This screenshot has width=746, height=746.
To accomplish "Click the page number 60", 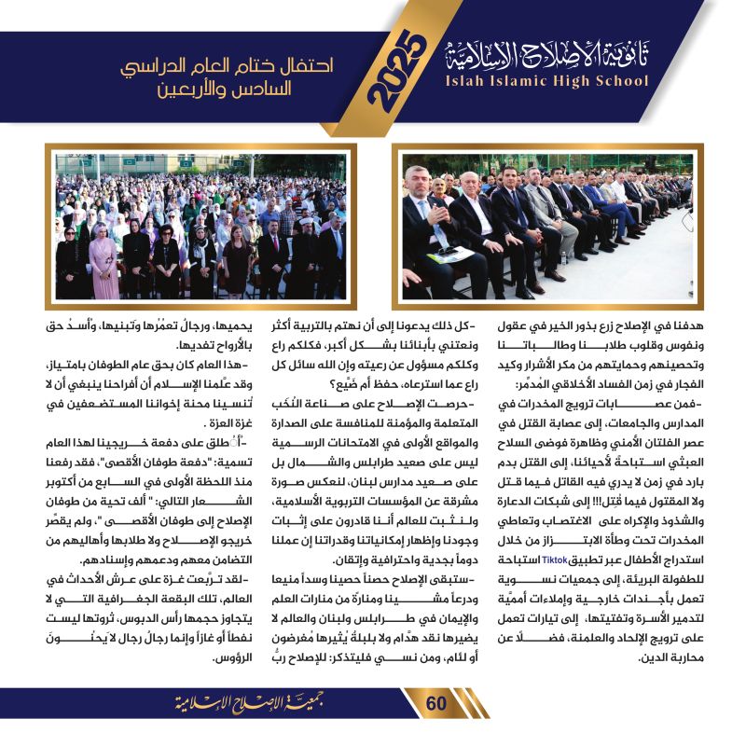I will click(x=437, y=703).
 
